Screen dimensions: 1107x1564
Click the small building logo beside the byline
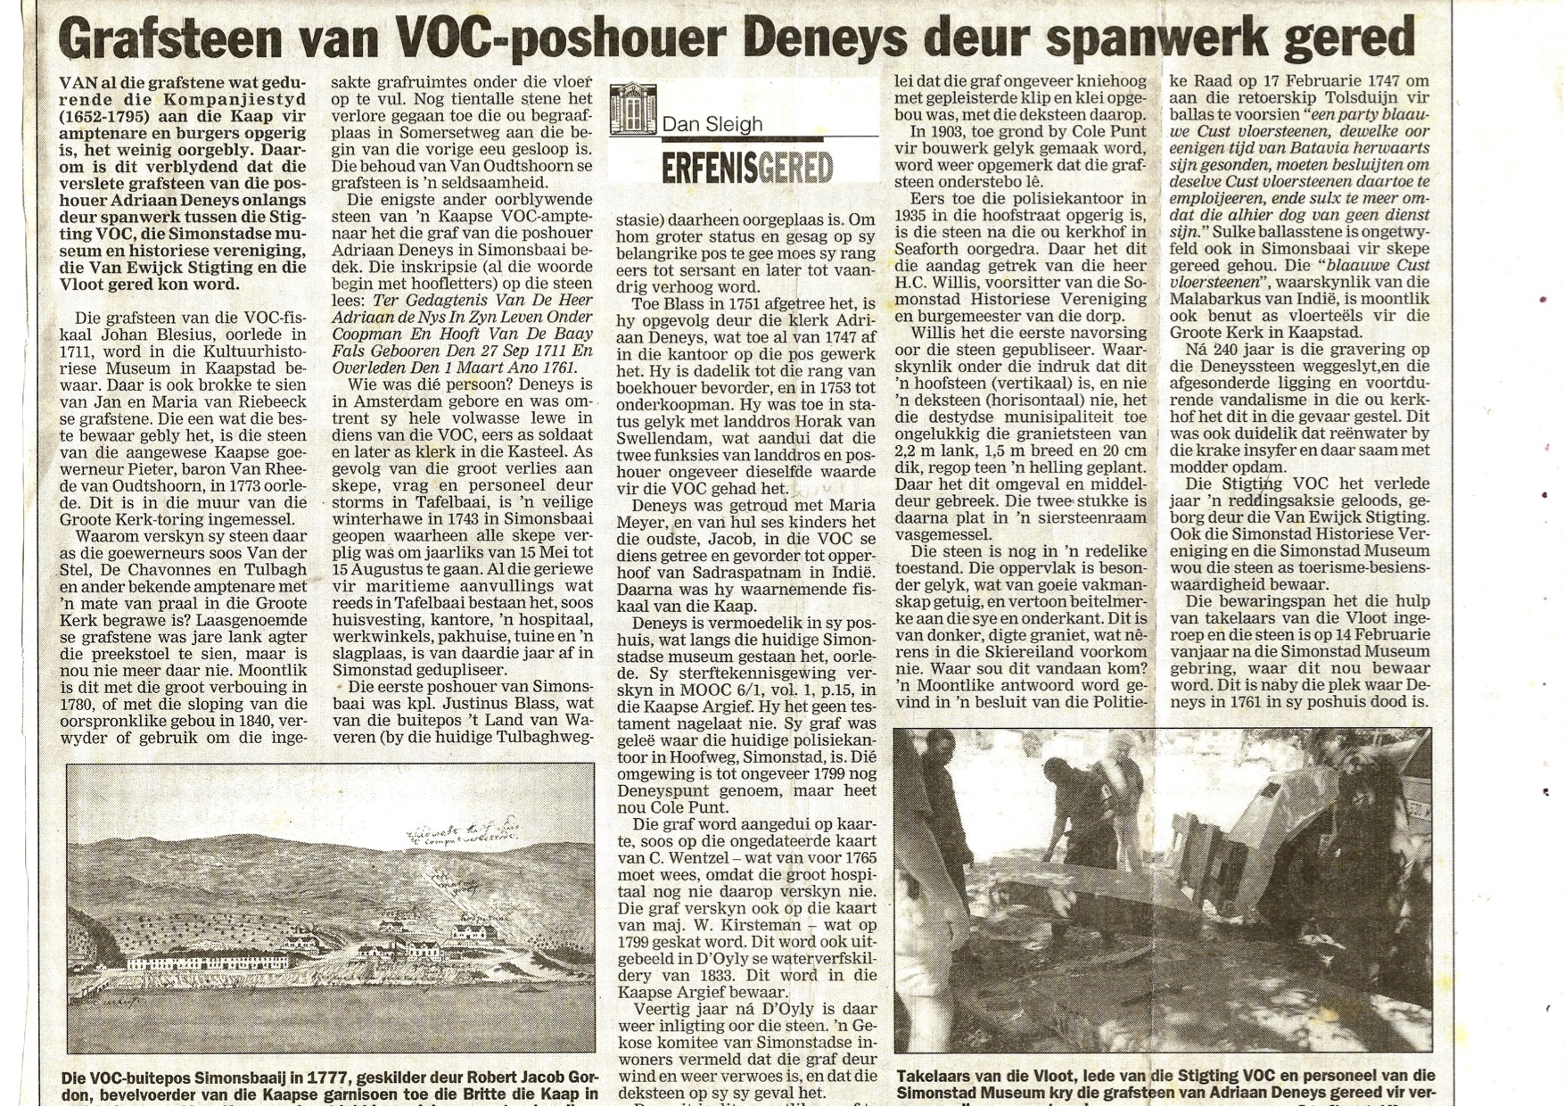coord(632,108)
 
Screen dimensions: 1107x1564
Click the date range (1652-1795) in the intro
coord(111,117)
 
